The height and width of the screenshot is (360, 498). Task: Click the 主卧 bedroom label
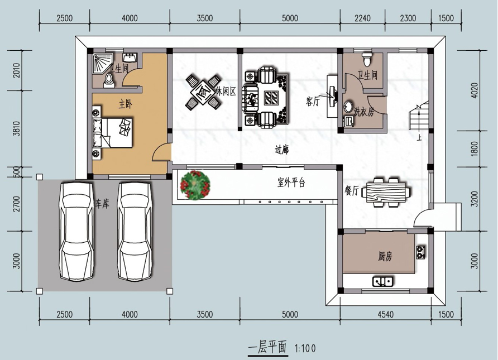126,104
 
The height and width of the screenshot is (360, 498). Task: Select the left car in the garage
76,232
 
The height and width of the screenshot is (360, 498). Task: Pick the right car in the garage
135,232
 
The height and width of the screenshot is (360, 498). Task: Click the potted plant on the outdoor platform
195,185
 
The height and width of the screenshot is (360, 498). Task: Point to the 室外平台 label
291,183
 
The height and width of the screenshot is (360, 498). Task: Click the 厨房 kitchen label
385,256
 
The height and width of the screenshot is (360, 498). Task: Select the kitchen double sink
383,281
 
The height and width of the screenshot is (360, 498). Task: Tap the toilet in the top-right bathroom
367,58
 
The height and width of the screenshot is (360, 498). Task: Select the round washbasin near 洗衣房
349,107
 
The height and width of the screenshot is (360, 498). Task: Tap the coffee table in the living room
271,98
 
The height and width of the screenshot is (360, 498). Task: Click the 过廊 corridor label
282,150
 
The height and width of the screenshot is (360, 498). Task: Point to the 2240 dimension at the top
362,18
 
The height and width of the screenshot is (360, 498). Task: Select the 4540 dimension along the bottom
386,315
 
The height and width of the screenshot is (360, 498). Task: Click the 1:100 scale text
305,349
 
